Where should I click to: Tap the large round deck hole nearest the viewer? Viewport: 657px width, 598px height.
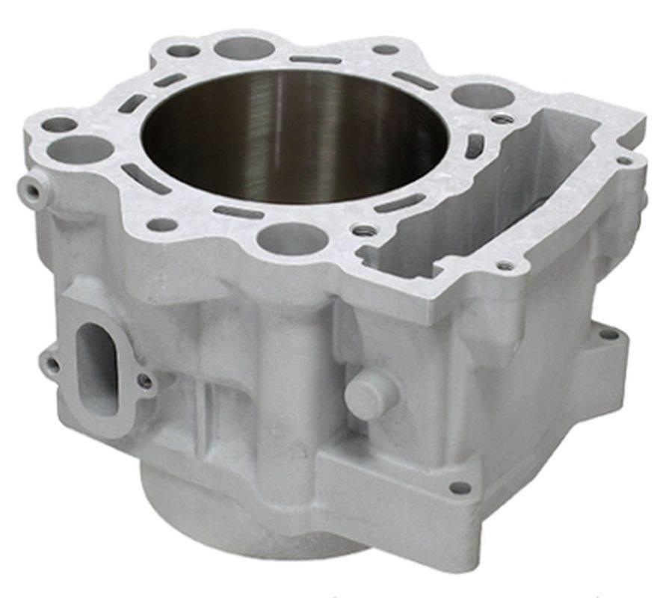click(x=292, y=238)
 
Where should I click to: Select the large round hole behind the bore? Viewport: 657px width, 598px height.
click(x=244, y=49)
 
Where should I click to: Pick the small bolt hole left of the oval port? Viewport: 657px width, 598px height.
click(x=52, y=365)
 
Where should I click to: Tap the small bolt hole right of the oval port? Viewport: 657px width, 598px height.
click(x=145, y=382)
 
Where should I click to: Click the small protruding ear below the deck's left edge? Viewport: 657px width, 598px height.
click(x=33, y=191)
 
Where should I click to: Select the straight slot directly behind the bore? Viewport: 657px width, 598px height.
click(x=315, y=60)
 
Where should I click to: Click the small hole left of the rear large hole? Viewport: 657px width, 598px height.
click(x=182, y=51)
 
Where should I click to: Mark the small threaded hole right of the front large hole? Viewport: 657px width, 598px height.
click(x=364, y=231)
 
